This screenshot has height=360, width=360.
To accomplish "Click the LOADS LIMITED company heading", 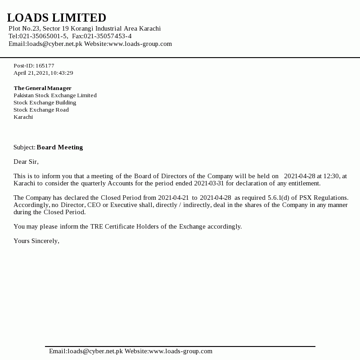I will (57, 18).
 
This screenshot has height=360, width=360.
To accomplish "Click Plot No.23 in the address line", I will (24, 28).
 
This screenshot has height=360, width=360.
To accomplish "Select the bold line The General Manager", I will (42, 88).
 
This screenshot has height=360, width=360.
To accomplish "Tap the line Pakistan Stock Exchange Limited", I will (55, 95).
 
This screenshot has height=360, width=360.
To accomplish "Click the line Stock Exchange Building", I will (45, 103).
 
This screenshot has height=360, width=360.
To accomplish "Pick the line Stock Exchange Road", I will (41, 110).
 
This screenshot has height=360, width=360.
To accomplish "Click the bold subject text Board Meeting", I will (60, 147).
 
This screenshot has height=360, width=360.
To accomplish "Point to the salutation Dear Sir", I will (26, 162).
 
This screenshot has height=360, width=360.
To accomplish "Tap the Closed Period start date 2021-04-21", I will (173, 198).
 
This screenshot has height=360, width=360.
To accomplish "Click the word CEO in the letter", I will (94, 205).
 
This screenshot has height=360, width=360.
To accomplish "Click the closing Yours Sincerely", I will (36, 241).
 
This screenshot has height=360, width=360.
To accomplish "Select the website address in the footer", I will (180, 351).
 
